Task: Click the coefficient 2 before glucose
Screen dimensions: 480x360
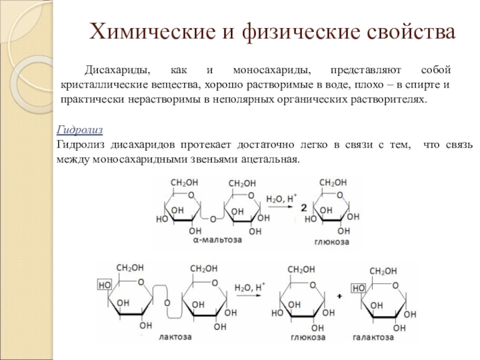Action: (x=304, y=208)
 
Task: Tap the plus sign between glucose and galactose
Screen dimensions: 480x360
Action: (x=340, y=296)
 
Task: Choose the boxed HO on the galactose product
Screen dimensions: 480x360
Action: (x=359, y=289)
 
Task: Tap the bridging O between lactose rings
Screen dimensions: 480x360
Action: (x=167, y=302)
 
